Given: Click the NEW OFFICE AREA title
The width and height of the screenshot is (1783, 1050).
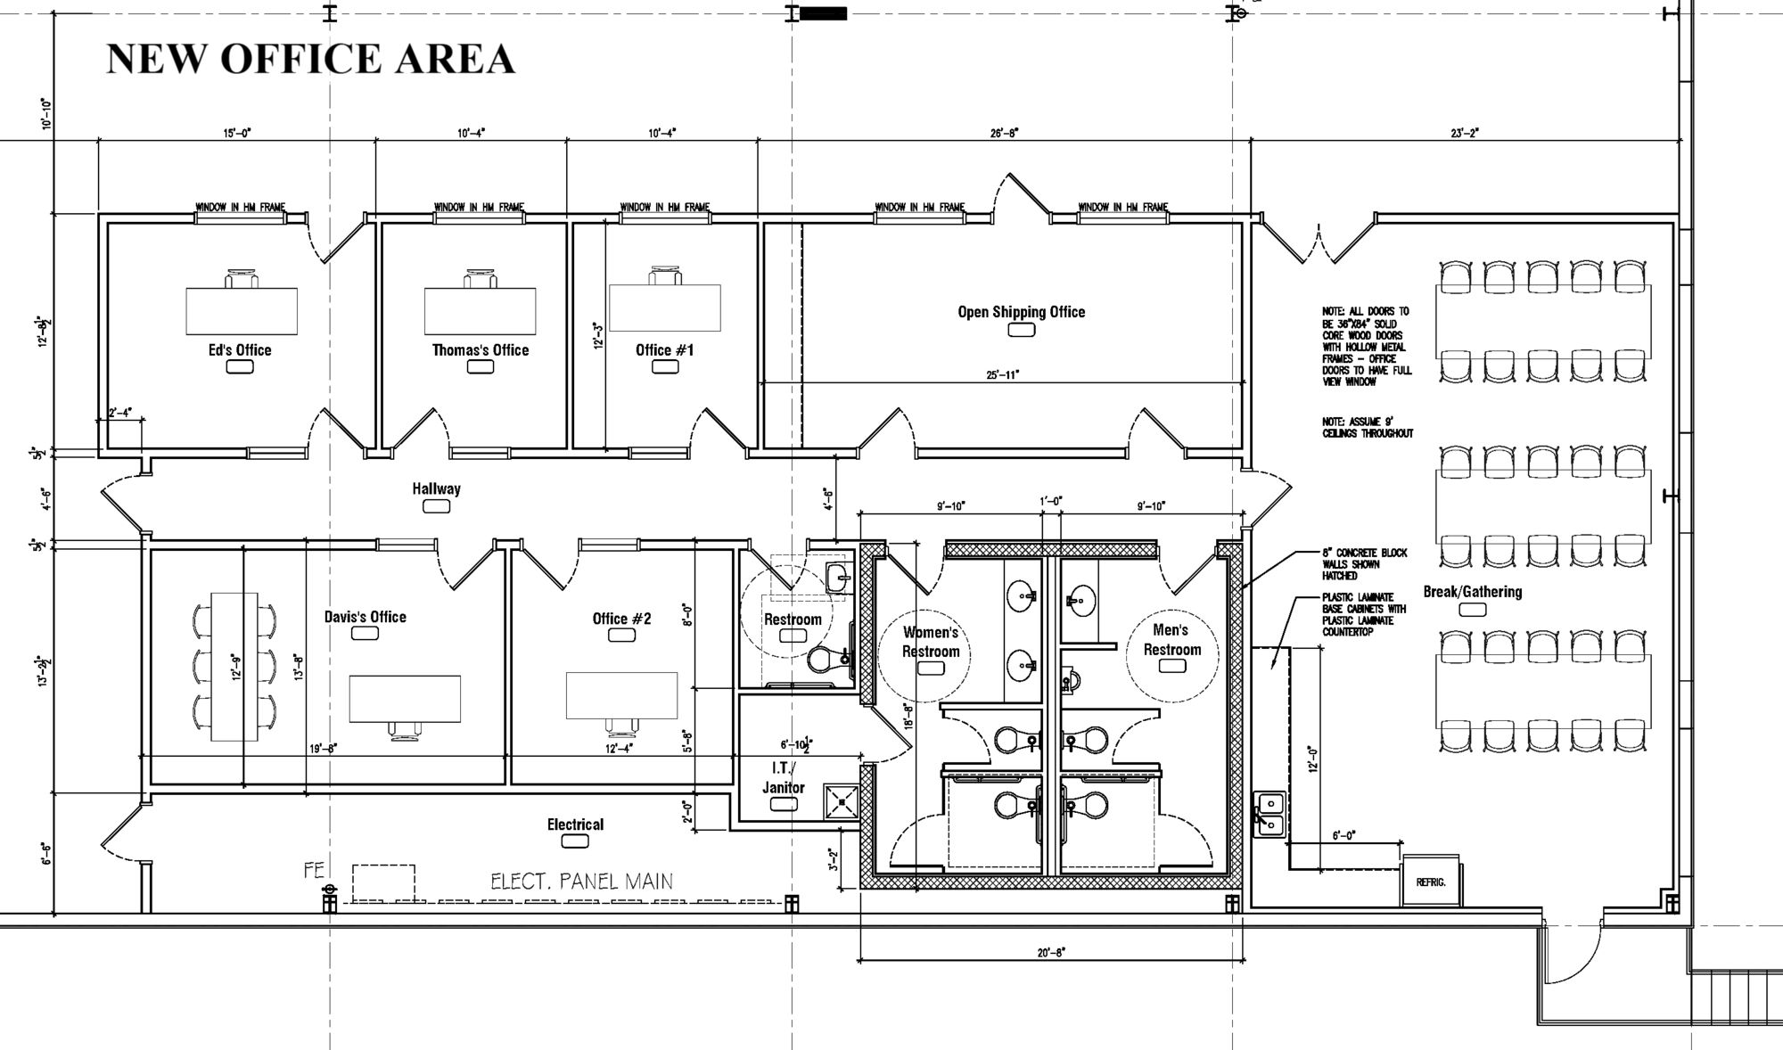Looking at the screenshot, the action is click(x=310, y=59).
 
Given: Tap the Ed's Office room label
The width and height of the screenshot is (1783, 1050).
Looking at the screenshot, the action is click(x=240, y=350).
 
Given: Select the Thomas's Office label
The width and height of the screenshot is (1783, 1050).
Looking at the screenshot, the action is click(x=481, y=350).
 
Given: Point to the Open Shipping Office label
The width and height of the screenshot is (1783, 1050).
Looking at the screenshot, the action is click(x=1022, y=312).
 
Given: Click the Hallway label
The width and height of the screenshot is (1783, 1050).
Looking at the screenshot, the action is click(x=436, y=488).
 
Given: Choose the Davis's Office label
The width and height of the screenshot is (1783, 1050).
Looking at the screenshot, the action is click(x=365, y=617).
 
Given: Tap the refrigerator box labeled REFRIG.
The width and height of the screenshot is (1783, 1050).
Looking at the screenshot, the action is click(x=1431, y=881).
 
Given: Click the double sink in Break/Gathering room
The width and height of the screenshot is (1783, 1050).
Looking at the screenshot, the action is click(x=1269, y=815).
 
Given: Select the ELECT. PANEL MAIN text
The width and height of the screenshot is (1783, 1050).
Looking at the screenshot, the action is click(x=581, y=882).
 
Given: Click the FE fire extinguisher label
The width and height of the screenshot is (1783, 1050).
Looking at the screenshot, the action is click(x=314, y=870).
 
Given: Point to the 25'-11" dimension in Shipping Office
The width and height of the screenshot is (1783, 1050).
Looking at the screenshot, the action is click(x=1003, y=375).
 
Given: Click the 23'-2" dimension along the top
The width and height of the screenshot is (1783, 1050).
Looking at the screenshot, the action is click(x=1464, y=133).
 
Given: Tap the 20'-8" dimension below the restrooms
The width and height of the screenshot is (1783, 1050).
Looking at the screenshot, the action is click(x=1052, y=952).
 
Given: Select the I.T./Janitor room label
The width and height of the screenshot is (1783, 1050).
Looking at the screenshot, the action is click(x=783, y=777).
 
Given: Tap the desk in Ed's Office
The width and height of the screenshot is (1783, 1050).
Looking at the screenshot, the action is click(x=242, y=310).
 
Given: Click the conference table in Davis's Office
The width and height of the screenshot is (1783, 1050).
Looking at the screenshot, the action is click(x=234, y=666).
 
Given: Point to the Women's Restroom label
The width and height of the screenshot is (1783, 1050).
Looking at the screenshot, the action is click(x=931, y=642).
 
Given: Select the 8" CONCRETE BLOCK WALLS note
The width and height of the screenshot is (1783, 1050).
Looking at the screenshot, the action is click(x=1364, y=564).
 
